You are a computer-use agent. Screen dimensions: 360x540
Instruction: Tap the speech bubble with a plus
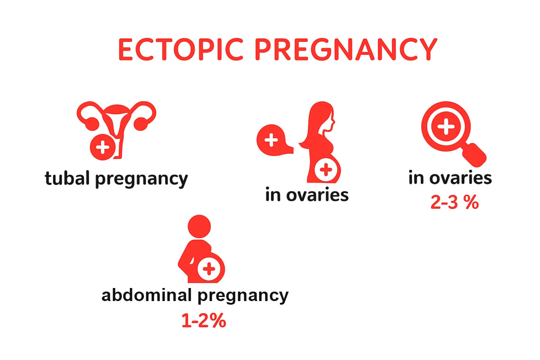coord(272,140)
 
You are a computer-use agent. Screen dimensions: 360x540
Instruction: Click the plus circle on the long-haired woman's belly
coord(327,170)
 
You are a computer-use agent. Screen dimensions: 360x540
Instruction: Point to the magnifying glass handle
coord(476,153)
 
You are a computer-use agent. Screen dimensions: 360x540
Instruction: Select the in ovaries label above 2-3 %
coord(450,178)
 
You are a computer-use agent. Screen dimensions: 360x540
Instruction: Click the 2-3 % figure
coord(454,203)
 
